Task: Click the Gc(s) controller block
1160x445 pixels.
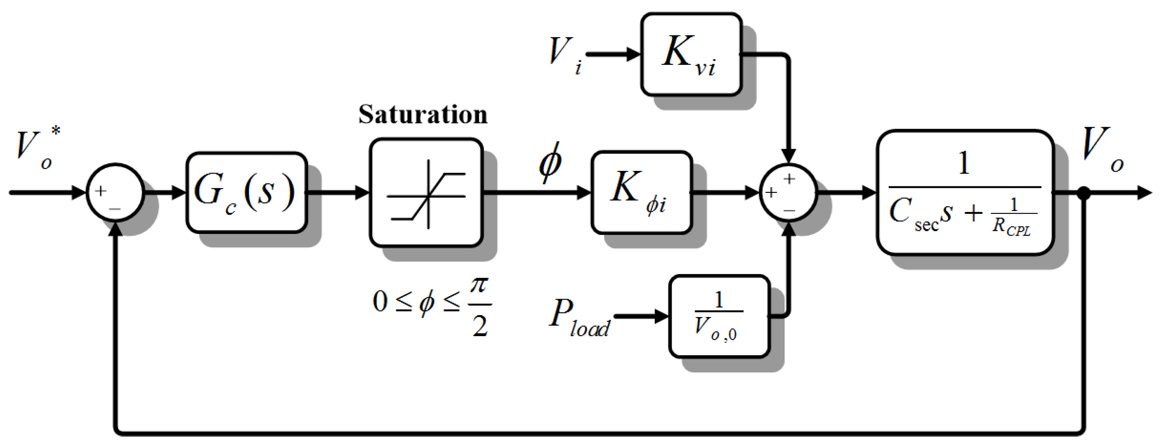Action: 246,192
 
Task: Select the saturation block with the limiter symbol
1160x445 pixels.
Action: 426,193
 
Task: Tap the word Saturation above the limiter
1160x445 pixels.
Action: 423,114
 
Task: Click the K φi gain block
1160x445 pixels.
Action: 641,192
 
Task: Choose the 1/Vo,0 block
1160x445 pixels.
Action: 719,316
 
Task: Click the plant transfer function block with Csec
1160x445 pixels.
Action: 965,192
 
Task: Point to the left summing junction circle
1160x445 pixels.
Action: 115,192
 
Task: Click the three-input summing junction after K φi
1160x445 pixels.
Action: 788,192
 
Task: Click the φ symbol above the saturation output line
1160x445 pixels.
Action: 550,162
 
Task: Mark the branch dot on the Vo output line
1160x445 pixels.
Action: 1083,193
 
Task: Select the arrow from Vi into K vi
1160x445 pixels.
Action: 612,54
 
